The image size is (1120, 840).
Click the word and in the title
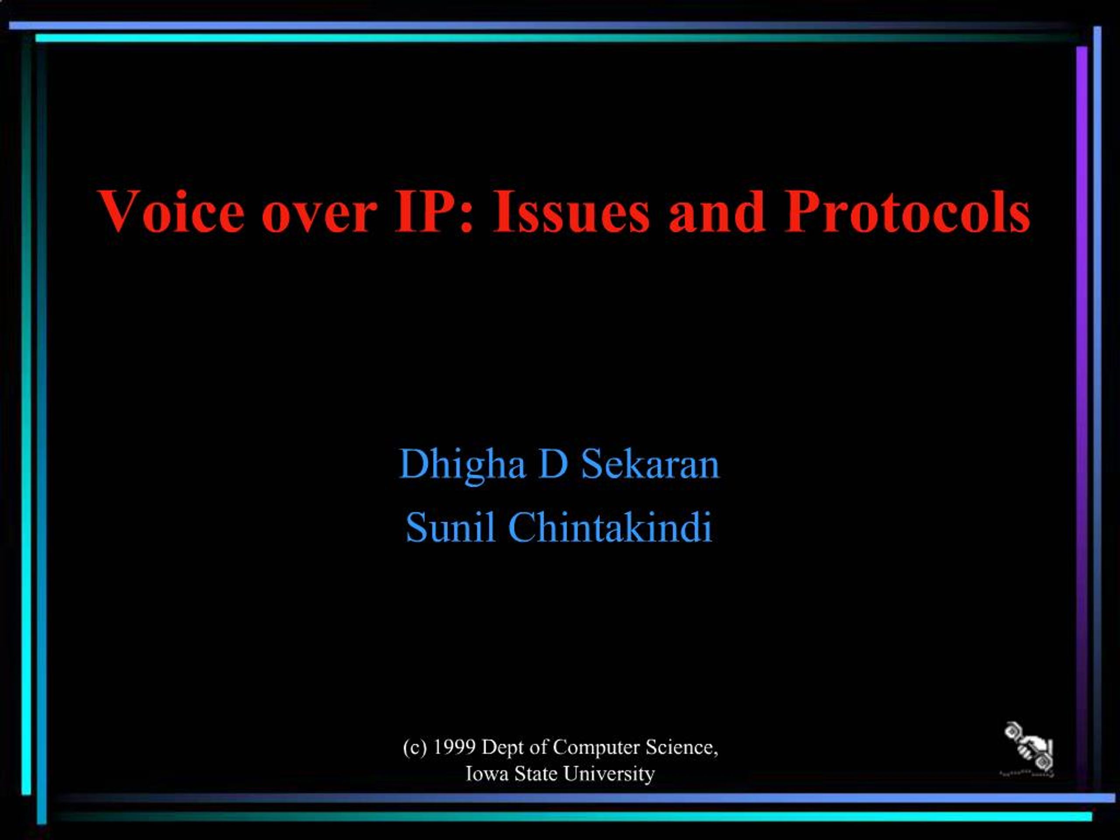click(x=717, y=212)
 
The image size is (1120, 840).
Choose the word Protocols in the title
click(x=907, y=211)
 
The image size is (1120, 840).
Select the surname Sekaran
click(x=650, y=464)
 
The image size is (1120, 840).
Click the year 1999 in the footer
click(x=455, y=747)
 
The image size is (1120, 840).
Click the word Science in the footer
click(x=682, y=747)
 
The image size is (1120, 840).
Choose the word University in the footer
click(x=609, y=775)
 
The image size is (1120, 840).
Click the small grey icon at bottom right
click(x=1027, y=749)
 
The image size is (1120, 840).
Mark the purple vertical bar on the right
click(x=1082, y=415)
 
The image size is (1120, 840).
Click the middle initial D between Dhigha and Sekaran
click(x=552, y=464)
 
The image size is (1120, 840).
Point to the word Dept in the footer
click(x=499, y=749)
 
